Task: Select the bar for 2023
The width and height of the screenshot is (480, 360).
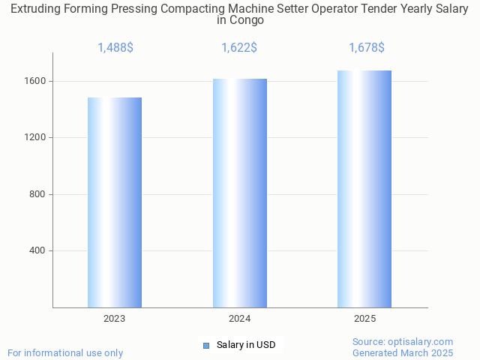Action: point(115,202)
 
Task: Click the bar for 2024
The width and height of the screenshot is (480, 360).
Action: point(240,193)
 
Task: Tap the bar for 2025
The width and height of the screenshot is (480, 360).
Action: point(364,189)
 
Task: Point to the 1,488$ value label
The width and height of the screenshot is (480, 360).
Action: point(115,48)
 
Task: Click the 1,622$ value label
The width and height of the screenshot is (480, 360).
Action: point(239,48)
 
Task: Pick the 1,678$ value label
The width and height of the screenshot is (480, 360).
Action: point(367,48)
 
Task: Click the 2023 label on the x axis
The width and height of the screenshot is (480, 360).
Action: point(115,319)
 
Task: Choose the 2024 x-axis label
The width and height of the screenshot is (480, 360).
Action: point(240,319)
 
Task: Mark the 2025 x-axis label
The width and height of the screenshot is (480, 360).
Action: point(365,319)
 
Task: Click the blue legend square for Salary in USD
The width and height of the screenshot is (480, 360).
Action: point(206,345)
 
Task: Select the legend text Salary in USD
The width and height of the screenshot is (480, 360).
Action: point(246,345)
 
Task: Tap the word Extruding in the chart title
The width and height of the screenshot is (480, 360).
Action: point(36,8)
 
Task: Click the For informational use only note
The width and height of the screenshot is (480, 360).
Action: point(65,352)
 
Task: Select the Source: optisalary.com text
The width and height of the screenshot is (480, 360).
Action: point(403,342)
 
